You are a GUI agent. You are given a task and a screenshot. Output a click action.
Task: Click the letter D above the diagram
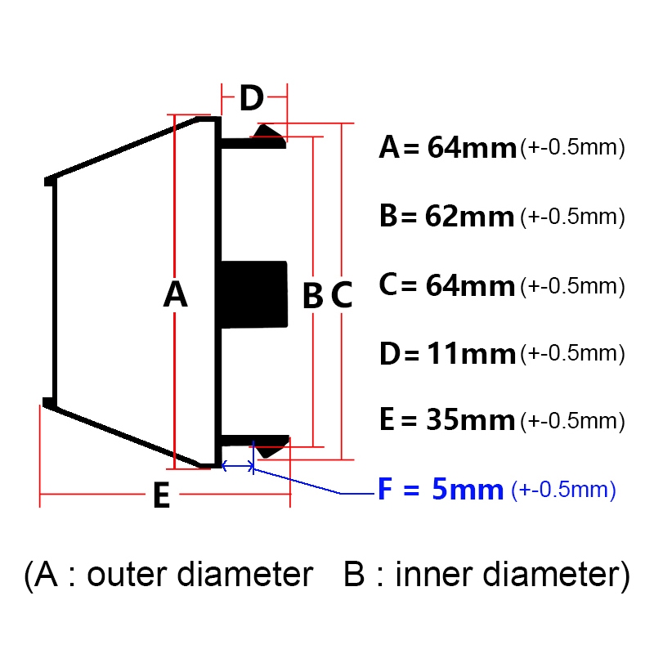point(252,98)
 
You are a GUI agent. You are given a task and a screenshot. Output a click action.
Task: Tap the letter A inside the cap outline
point(175,293)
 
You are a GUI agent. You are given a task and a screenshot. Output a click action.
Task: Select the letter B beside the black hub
point(313,295)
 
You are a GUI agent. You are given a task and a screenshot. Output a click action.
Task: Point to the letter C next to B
point(342,295)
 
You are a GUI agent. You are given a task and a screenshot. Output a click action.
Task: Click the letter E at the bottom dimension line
point(162,495)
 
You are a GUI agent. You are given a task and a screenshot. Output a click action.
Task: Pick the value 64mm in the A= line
point(472,148)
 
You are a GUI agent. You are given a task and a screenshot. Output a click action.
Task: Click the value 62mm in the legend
point(469,217)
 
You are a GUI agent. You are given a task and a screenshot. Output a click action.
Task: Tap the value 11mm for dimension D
point(472,354)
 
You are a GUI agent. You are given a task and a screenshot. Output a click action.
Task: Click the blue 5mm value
point(468,489)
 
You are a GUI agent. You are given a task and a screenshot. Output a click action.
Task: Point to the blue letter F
point(385,489)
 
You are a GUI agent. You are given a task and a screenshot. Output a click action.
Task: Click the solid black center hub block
point(254,294)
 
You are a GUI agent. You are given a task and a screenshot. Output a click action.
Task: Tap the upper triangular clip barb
point(269,132)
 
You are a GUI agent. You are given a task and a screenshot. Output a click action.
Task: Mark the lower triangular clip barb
point(271,450)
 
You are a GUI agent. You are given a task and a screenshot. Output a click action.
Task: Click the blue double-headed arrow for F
point(237,465)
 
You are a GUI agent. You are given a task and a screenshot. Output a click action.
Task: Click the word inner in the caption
point(434,575)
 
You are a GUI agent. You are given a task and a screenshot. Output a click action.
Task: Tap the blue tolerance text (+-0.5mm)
point(563,490)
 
